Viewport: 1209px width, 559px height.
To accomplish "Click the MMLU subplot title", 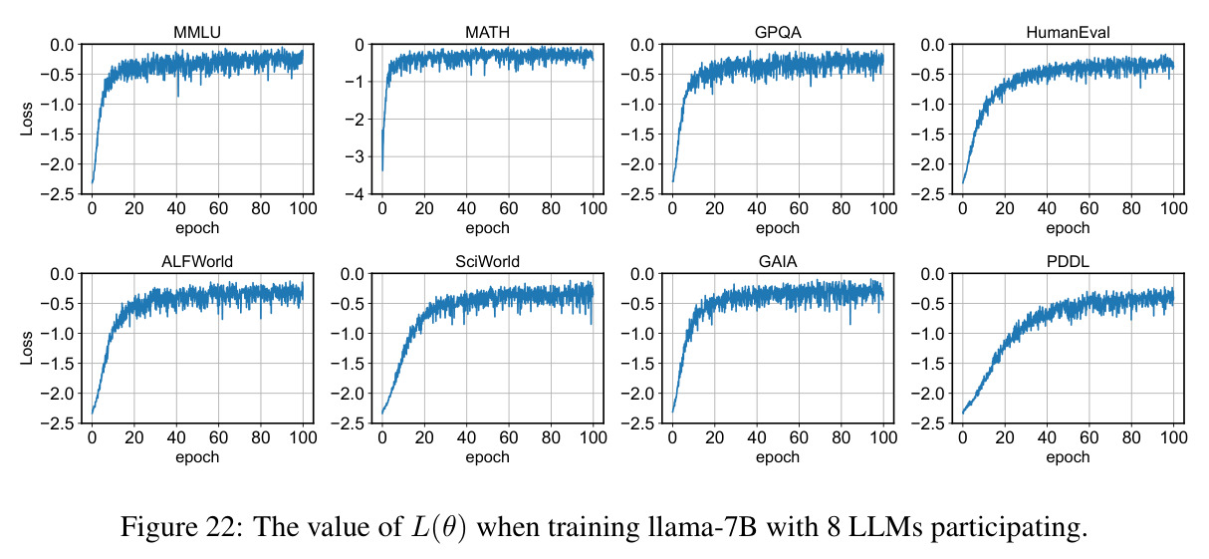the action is [197, 33].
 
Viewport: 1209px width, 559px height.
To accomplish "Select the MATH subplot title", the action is [487, 33].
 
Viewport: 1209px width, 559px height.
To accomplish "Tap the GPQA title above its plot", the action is [778, 33].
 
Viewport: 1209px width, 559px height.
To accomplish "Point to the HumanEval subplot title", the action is [1068, 33].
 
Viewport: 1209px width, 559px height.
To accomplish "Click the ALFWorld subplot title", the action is [197, 261].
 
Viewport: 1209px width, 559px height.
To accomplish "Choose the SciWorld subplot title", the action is [487, 261].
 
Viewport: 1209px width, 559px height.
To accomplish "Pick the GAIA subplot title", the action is [778, 261].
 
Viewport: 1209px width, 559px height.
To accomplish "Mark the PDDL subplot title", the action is [1068, 261].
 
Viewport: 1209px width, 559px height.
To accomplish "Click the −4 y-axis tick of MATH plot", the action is [355, 194].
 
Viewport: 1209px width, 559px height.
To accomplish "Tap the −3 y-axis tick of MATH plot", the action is [355, 156].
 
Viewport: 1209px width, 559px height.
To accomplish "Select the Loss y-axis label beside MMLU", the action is [27, 119].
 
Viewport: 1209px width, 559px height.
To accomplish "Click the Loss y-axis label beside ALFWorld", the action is [27, 348].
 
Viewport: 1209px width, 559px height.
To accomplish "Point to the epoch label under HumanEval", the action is [1068, 228].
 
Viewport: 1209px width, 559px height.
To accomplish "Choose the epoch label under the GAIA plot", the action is [778, 457].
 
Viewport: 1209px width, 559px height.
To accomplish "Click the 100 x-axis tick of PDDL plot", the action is [1173, 437].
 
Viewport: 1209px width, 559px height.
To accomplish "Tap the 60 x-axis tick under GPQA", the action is [799, 208].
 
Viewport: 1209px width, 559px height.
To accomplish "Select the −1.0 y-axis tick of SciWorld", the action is [349, 334].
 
